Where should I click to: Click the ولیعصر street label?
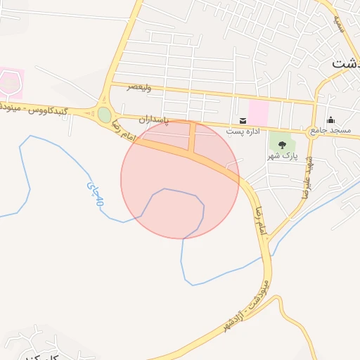coord(140,86)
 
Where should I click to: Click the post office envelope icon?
coord(243,121)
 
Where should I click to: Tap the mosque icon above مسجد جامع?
coord(331,120)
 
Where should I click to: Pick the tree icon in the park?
coord(283,144)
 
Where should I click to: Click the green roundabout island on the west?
coord(104,115)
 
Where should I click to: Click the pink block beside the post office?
coord(258,113)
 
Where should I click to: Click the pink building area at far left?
coord(11,83)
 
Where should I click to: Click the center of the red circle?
coord(180,179)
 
